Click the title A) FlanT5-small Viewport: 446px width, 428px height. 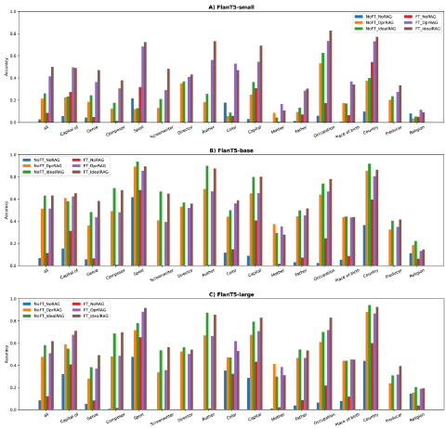tap(223, 6)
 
